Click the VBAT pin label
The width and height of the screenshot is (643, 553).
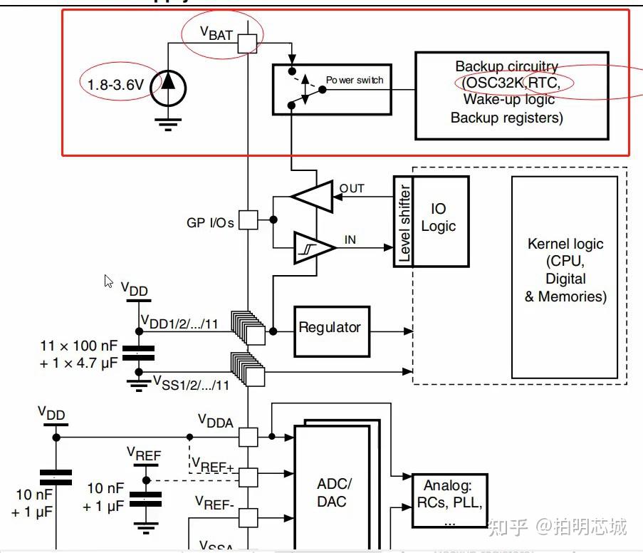pyautogui.click(x=216, y=32)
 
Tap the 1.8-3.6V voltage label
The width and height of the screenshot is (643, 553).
pyautogui.click(x=115, y=85)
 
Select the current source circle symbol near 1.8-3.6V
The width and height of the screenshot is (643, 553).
pyautogui.click(x=168, y=84)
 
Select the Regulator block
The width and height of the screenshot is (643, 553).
pyautogui.click(x=330, y=328)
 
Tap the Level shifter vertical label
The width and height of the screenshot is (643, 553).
pyautogui.click(x=404, y=222)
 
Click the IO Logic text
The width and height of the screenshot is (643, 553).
pyautogui.click(x=439, y=217)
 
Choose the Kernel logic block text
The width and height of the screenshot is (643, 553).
pyautogui.click(x=565, y=270)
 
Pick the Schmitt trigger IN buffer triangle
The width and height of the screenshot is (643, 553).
pyautogui.click(x=314, y=247)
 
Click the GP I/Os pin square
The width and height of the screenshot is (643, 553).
pyautogui.click(x=248, y=220)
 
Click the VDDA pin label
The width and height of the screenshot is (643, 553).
pyautogui.click(x=216, y=422)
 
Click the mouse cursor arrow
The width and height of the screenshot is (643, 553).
pyautogui.click(x=109, y=281)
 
